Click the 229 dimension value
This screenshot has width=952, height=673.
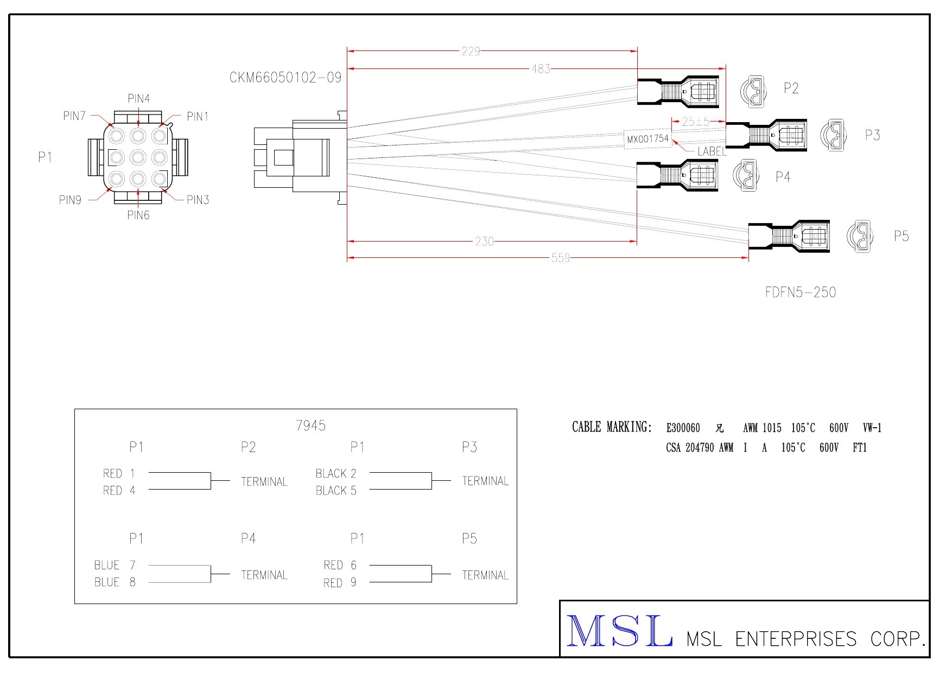[471, 52]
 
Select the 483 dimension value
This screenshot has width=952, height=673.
[541, 69]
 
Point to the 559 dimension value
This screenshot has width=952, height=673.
[561, 258]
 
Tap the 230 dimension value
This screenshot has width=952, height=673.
[484, 242]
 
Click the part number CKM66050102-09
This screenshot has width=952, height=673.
[285, 78]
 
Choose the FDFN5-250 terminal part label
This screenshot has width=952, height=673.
[800, 293]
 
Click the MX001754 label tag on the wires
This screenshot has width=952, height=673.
[648, 139]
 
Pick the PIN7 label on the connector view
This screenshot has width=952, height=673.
[74, 116]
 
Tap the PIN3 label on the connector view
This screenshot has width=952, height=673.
[198, 200]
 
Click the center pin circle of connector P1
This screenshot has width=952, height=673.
[138, 157]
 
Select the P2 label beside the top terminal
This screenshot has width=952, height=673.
[791, 88]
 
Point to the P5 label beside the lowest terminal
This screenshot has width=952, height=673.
[901, 236]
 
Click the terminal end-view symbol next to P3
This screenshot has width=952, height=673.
[833, 135]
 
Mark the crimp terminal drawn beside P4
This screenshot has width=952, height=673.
[677, 175]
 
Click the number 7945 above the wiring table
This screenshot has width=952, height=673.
[310, 426]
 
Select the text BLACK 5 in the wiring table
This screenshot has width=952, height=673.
[336, 491]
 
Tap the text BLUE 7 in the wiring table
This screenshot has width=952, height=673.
[115, 565]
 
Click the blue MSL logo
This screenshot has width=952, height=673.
[619, 631]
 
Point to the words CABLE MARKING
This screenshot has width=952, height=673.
[611, 428]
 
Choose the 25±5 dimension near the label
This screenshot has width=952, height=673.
[695, 122]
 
